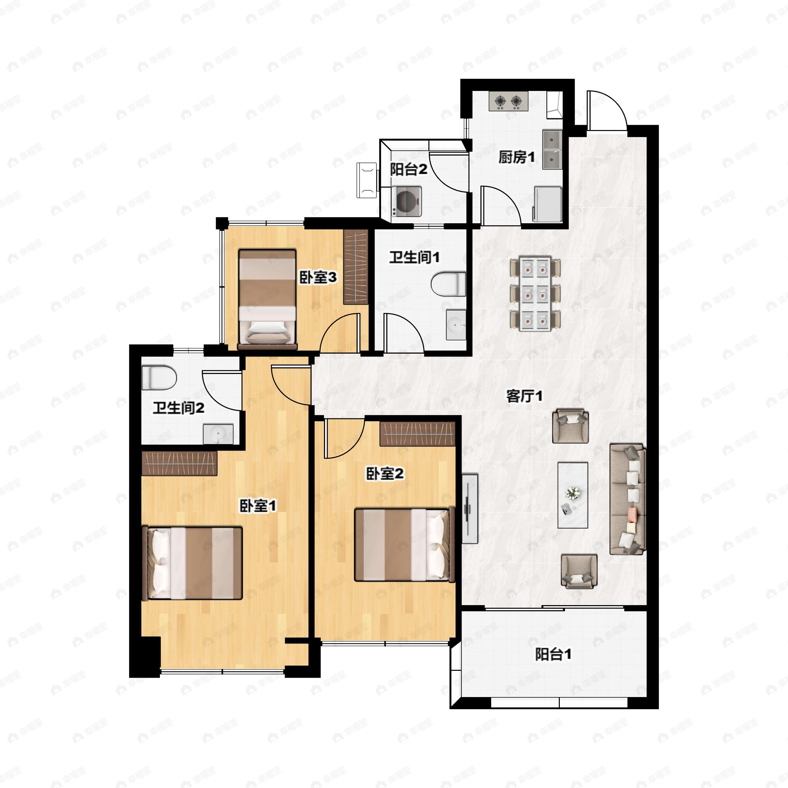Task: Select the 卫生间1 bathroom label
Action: coord(414,257)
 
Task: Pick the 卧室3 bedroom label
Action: coord(318,278)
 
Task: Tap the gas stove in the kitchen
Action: coord(509,101)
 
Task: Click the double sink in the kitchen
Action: coord(552,150)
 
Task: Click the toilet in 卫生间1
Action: coord(448,284)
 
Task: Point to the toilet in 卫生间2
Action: coord(159,377)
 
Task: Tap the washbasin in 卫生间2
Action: coord(218,433)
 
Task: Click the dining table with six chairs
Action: coord(536,293)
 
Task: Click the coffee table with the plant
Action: coord(573,495)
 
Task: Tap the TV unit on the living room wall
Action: coord(470,509)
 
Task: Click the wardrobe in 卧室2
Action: coord(417,433)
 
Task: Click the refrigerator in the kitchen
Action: coord(548,204)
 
